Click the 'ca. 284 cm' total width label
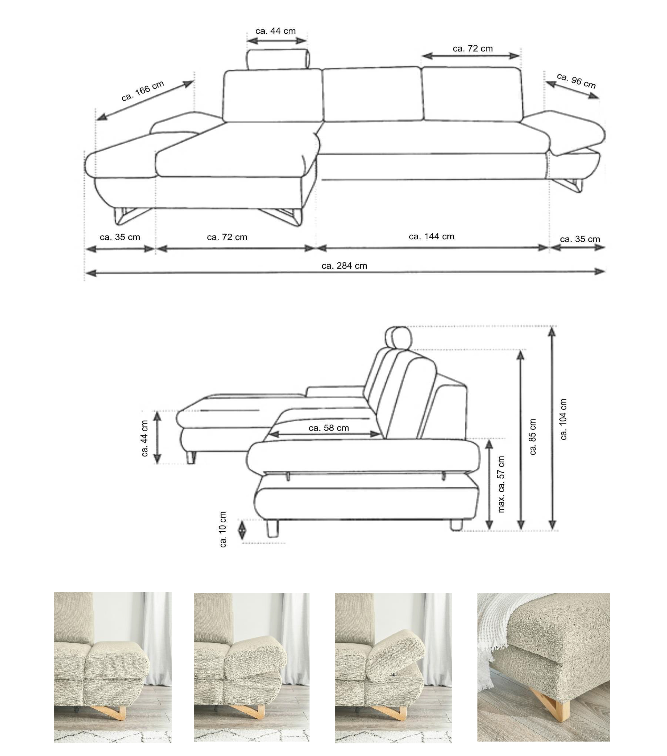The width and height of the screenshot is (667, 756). [344, 266]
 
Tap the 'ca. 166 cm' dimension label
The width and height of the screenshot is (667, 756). [143, 91]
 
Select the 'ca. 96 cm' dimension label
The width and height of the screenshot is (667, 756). [576, 81]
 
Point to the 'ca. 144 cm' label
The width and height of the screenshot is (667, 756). [431, 236]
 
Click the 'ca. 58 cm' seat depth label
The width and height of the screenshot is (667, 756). [328, 428]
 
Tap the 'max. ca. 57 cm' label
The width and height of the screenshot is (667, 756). [501, 484]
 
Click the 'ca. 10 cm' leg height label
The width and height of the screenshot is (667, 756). [223, 529]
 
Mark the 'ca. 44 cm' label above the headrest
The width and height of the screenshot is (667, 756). [276, 31]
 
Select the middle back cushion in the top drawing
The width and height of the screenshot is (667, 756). [372, 94]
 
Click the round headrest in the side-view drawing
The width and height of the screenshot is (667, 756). [398, 338]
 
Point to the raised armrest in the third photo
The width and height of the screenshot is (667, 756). [395, 651]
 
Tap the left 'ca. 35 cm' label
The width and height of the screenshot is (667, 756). [120, 237]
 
